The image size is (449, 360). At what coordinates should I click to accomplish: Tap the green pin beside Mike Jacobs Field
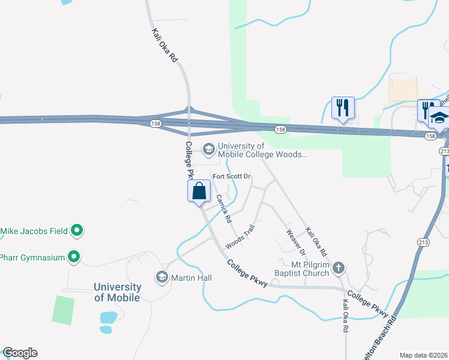point(77,230)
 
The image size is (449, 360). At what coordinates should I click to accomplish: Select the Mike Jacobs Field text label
point(34,230)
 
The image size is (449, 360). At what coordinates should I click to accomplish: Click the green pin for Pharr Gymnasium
point(74,257)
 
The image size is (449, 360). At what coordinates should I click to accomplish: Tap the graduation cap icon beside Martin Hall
point(161,277)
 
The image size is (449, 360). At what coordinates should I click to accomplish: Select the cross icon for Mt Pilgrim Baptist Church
point(339,268)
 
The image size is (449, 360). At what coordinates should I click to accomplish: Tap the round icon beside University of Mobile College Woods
point(209,149)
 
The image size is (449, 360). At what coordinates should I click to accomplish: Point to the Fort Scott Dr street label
point(232,176)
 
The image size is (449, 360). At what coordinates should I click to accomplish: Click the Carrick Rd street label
point(224,209)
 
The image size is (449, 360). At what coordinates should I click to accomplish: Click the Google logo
point(20,353)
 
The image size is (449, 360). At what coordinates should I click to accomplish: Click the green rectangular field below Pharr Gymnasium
point(63,310)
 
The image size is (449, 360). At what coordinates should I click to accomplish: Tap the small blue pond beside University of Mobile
point(108,317)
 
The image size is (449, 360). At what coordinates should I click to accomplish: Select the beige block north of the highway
point(403,90)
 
